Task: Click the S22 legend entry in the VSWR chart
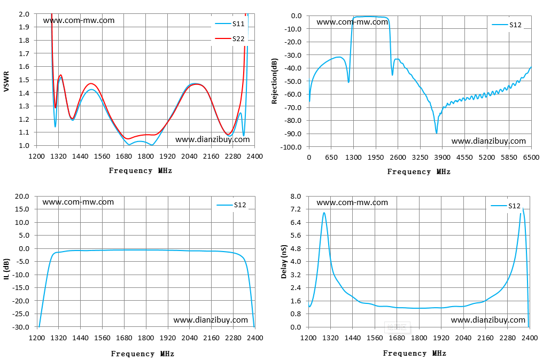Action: [x=230, y=39]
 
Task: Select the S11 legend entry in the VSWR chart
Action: [x=230, y=24]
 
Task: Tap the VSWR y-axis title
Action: [x=6, y=82]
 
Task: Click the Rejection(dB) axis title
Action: [x=275, y=81]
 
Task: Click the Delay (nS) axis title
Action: [x=284, y=262]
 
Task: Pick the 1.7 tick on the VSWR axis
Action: [x=24, y=53]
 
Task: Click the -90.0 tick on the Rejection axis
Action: [x=293, y=134]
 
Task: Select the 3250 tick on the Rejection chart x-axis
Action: [x=420, y=158]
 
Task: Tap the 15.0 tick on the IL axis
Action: [x=22, y=209]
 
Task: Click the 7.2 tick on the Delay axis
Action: [x=296, y=209]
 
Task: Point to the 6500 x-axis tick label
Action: [x=531, y=158]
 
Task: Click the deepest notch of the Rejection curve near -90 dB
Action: [x=436, y=133]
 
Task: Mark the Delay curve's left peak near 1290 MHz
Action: [x=324, y=213]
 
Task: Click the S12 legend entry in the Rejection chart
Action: [x=507, y=25]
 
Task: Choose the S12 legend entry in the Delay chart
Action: [x=506, y=206]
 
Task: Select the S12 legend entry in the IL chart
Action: [x=231, y=205]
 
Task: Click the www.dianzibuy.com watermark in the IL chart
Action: [x=211, y=320]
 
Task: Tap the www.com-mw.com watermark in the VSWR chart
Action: [x=79, y=20]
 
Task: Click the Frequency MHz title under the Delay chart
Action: [x=415, y=353]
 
